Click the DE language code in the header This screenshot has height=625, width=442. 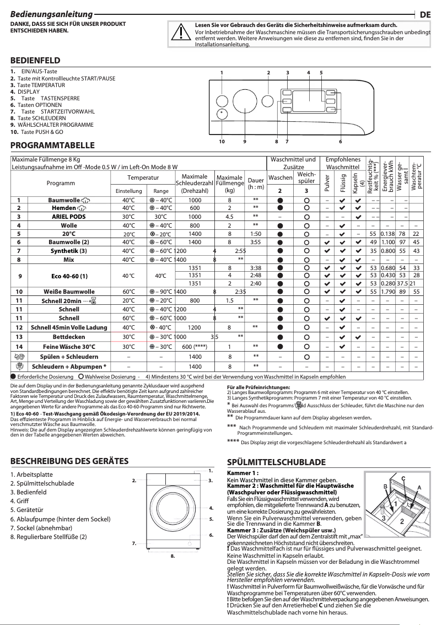[425, 15]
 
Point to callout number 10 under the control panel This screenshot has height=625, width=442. [222, 142]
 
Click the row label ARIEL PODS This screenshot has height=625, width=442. [69, 217]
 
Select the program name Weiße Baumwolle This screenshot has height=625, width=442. [69, 292]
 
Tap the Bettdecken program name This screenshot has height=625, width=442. [69, 337]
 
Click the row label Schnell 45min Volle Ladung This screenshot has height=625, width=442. [69, 327]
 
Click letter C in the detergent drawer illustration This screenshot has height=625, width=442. [403, 478]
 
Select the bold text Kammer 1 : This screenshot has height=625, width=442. [243, 473]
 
